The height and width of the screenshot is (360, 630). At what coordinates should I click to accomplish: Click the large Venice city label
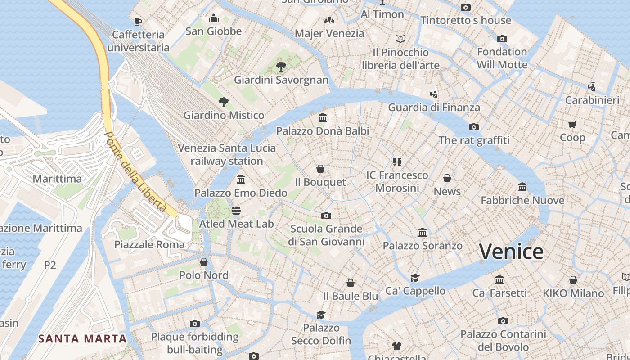511,252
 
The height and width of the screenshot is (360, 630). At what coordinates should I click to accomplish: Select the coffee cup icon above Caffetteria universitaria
138,21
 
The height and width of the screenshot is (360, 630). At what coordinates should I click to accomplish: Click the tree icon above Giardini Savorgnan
281,67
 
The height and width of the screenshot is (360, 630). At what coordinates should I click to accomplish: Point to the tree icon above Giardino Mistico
223,102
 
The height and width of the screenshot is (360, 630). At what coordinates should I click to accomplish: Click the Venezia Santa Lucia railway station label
227,154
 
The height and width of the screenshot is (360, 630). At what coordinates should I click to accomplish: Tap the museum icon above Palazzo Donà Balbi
322,118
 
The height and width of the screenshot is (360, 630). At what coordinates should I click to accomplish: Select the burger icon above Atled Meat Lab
236,210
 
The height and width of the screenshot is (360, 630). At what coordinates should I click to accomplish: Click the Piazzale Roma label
149,245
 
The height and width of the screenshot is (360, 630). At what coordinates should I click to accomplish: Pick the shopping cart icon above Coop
572,124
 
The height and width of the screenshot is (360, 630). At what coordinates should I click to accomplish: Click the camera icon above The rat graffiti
474,127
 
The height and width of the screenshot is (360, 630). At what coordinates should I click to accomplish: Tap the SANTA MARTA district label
82,338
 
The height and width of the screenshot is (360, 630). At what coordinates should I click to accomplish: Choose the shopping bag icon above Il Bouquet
320,169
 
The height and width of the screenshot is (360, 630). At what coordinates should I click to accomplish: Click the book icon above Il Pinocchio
400,39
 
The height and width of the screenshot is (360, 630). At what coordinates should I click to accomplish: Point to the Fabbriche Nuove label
522,200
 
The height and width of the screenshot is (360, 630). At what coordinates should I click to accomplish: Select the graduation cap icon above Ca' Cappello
415,278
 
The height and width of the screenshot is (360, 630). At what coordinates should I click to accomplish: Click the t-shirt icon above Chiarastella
396,346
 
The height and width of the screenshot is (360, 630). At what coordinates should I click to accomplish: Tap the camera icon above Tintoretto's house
466,7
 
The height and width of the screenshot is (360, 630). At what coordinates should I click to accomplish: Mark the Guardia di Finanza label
434,108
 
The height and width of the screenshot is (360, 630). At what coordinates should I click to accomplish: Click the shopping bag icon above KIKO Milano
573,280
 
